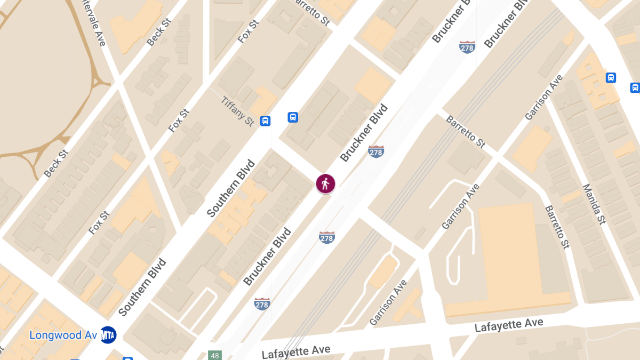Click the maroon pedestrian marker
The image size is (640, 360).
[325, 183]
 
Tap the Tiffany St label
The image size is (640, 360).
[237, 111]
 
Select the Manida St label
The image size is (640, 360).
[594, 204]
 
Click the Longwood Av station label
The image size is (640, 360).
[63, 335]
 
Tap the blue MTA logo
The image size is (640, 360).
[108, 335]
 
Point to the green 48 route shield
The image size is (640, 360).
[214, 355]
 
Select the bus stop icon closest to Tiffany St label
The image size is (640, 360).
[265, 121]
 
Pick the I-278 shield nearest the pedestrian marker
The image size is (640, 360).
[376, 151]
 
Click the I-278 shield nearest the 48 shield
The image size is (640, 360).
[262, 303]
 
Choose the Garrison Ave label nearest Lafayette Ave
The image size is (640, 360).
[388, 302]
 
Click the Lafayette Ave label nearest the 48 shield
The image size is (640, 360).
[296, 352]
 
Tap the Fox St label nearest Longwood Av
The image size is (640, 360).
[99, 223]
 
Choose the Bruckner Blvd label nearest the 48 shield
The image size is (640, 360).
[267, 257]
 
